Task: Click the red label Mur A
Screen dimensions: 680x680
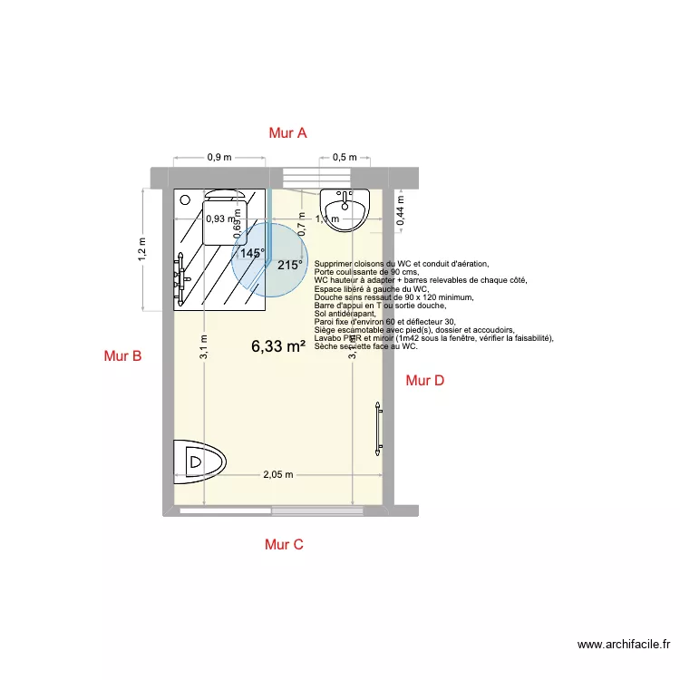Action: tap(287, 133)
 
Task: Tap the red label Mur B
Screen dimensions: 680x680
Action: tap(122, 356)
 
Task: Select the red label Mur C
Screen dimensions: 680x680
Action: tap(284, 544)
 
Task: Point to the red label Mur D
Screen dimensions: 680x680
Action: tap(424, 381)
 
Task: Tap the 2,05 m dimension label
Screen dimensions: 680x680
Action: tap(278, 474)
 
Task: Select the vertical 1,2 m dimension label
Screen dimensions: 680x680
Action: tap(141, 249)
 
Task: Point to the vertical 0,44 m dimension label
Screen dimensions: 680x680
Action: tap(401, 209)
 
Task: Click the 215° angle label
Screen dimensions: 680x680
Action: tap(289, 265)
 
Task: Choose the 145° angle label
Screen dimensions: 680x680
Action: tap(252, 255)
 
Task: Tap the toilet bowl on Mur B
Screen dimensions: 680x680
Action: tap(199, 459)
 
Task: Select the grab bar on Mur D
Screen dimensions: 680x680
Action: tap(378, 425)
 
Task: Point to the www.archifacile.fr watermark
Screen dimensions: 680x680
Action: tap(625, 646)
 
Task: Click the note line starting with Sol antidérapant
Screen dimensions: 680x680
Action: tap(345, 313)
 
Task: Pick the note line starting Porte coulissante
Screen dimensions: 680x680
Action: tap(366, 272)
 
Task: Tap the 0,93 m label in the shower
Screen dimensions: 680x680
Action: tap(219, 219)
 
